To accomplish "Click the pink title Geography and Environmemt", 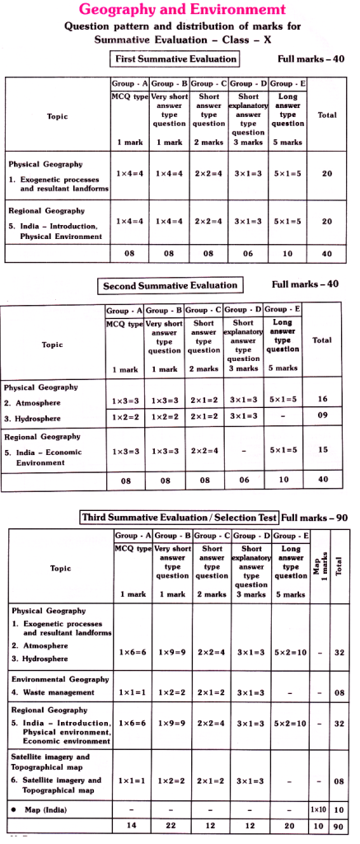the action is [180, 10].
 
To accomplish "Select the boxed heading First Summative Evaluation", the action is [174, 59].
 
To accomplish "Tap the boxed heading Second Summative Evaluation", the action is [171, 285].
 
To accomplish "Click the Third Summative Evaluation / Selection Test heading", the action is [179, 518].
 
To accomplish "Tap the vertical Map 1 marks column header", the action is [319, 568].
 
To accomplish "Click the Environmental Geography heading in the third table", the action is [60, 678].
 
